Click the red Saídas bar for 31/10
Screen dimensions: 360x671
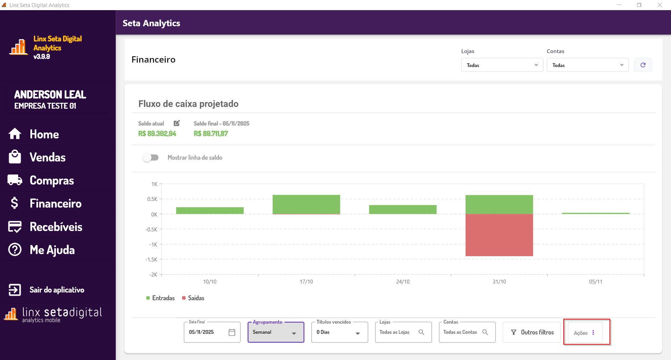coord(499,235)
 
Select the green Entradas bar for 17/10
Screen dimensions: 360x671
coord(306,204)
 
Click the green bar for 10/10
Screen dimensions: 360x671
coord(210,210)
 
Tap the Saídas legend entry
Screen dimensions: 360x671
coord(193,298)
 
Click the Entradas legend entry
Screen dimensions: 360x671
coord(160,298)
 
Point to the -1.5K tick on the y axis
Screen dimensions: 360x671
coord(152,260)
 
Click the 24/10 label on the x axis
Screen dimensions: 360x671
coord(403,282)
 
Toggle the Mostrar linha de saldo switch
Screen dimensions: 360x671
coord(151,158)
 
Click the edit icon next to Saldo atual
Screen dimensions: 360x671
coord(177,123)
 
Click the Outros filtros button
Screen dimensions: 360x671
coord(532,332)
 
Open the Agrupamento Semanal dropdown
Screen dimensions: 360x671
coord(276,332)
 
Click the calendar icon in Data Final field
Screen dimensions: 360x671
coord(232,332)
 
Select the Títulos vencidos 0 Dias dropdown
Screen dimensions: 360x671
coord(339,332)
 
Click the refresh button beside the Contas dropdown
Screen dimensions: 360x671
coord(643,65)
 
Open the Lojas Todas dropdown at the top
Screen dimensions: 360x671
coord(502,65)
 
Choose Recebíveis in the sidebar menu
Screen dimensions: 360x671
coord(56,227)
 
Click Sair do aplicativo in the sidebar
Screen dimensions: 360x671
coord(57,290)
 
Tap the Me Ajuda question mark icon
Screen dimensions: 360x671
coord(15,250)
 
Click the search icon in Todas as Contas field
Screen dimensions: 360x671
coord(485,332)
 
